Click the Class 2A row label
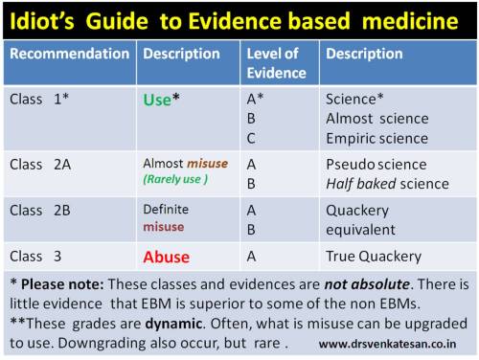pyautogui.click(x=39, y=164)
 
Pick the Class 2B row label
pyautogui.click(x=39, y=209)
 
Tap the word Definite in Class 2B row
pyautogui.click(x=166, y=209)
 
